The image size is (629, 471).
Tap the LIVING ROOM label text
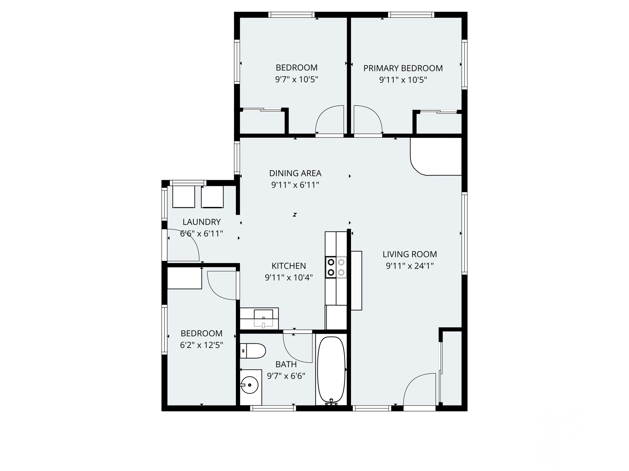409,254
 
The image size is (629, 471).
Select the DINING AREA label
295,173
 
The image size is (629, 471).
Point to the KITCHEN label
289,266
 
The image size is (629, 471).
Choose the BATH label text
286,364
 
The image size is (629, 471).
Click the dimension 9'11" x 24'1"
409,266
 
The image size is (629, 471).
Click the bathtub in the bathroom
331,369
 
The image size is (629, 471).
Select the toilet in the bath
253,351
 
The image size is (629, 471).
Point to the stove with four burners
336,267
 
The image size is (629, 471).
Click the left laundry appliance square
183,197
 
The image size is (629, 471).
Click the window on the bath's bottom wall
273,408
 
